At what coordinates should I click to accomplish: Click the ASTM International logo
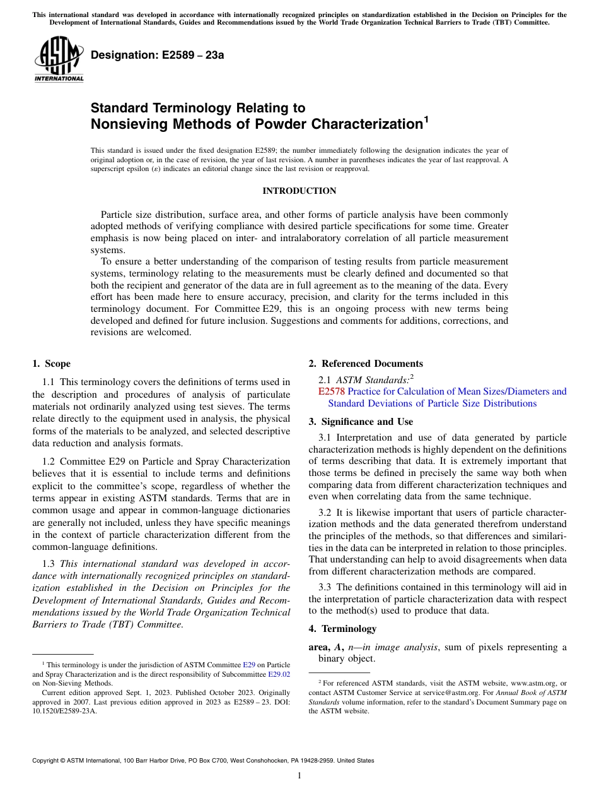click(59, 60)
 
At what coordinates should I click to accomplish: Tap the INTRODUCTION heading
click(299, 191)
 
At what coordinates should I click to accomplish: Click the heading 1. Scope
click(52, 364)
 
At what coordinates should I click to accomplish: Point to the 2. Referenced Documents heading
click(366, 364)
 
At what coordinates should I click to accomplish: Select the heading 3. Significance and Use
click(361, 422)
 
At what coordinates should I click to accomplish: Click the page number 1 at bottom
click(299, 776)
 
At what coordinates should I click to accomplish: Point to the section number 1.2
click(49, 462)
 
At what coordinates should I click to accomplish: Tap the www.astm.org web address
click(523, 683)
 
